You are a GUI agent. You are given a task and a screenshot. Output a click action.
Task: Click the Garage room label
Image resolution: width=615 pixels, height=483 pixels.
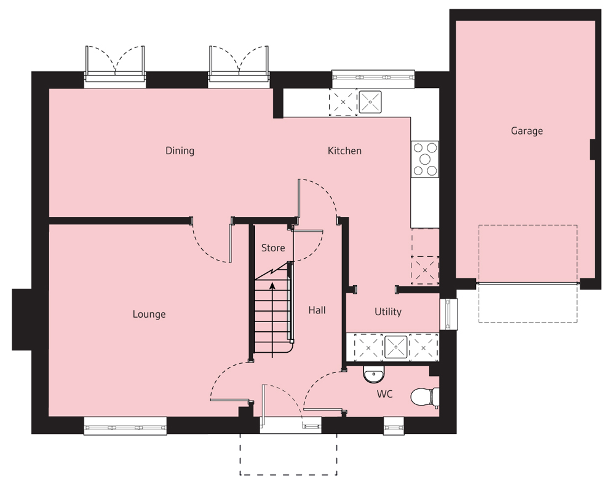pos(526,131)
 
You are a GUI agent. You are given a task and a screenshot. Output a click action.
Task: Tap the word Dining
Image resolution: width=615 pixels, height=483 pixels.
pos(180,151)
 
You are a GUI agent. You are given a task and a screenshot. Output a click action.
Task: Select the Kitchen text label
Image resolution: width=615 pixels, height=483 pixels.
pos(344,151)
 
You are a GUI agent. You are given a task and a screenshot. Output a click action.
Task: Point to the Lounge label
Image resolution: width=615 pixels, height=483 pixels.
pos(149,315)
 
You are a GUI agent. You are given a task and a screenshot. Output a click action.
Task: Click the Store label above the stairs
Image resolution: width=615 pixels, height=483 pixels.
pos(273,248)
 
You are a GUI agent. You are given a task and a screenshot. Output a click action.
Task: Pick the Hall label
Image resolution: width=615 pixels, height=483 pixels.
pos(317,310)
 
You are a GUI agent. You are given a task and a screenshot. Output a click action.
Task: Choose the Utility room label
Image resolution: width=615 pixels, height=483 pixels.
pos(388,312)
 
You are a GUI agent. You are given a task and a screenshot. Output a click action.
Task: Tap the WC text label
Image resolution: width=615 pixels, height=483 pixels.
pos(385,393)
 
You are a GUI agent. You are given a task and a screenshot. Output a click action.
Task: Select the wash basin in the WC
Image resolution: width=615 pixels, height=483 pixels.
pos(373,374)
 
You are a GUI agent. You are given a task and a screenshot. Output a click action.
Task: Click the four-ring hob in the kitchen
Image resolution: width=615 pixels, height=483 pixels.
pos(425,159)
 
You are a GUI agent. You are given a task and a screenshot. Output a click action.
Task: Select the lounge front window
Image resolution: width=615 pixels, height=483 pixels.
pos(125,426)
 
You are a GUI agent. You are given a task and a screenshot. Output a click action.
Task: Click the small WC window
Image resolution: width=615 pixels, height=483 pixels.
pos(394,426)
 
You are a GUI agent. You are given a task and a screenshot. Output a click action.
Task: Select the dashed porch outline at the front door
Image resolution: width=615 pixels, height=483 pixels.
pos(288,455)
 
